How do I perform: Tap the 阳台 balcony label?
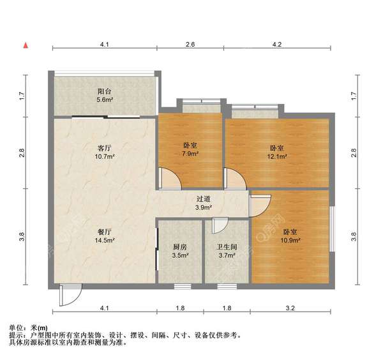pyautogui.click(x=105, y=91)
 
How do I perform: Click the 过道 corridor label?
pyautogui.click(x=203, y=199)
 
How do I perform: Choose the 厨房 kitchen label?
pyautogui.click(x=179, y=247)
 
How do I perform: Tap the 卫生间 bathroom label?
pyautogui.click(x=226, y=247)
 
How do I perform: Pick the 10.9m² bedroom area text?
pyautogui.click(x=290, y=241)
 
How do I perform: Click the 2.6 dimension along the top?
pyautogui.click(x=190, y=44)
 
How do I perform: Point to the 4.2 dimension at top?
pyautogui.click(x=276, y=44)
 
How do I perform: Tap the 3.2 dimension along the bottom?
pyautogui.click(x=290, y=309)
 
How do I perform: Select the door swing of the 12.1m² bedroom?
pyautogui.click(x=234, y=179)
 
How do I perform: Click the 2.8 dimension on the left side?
pyautogui.click(x=22, y=153)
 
